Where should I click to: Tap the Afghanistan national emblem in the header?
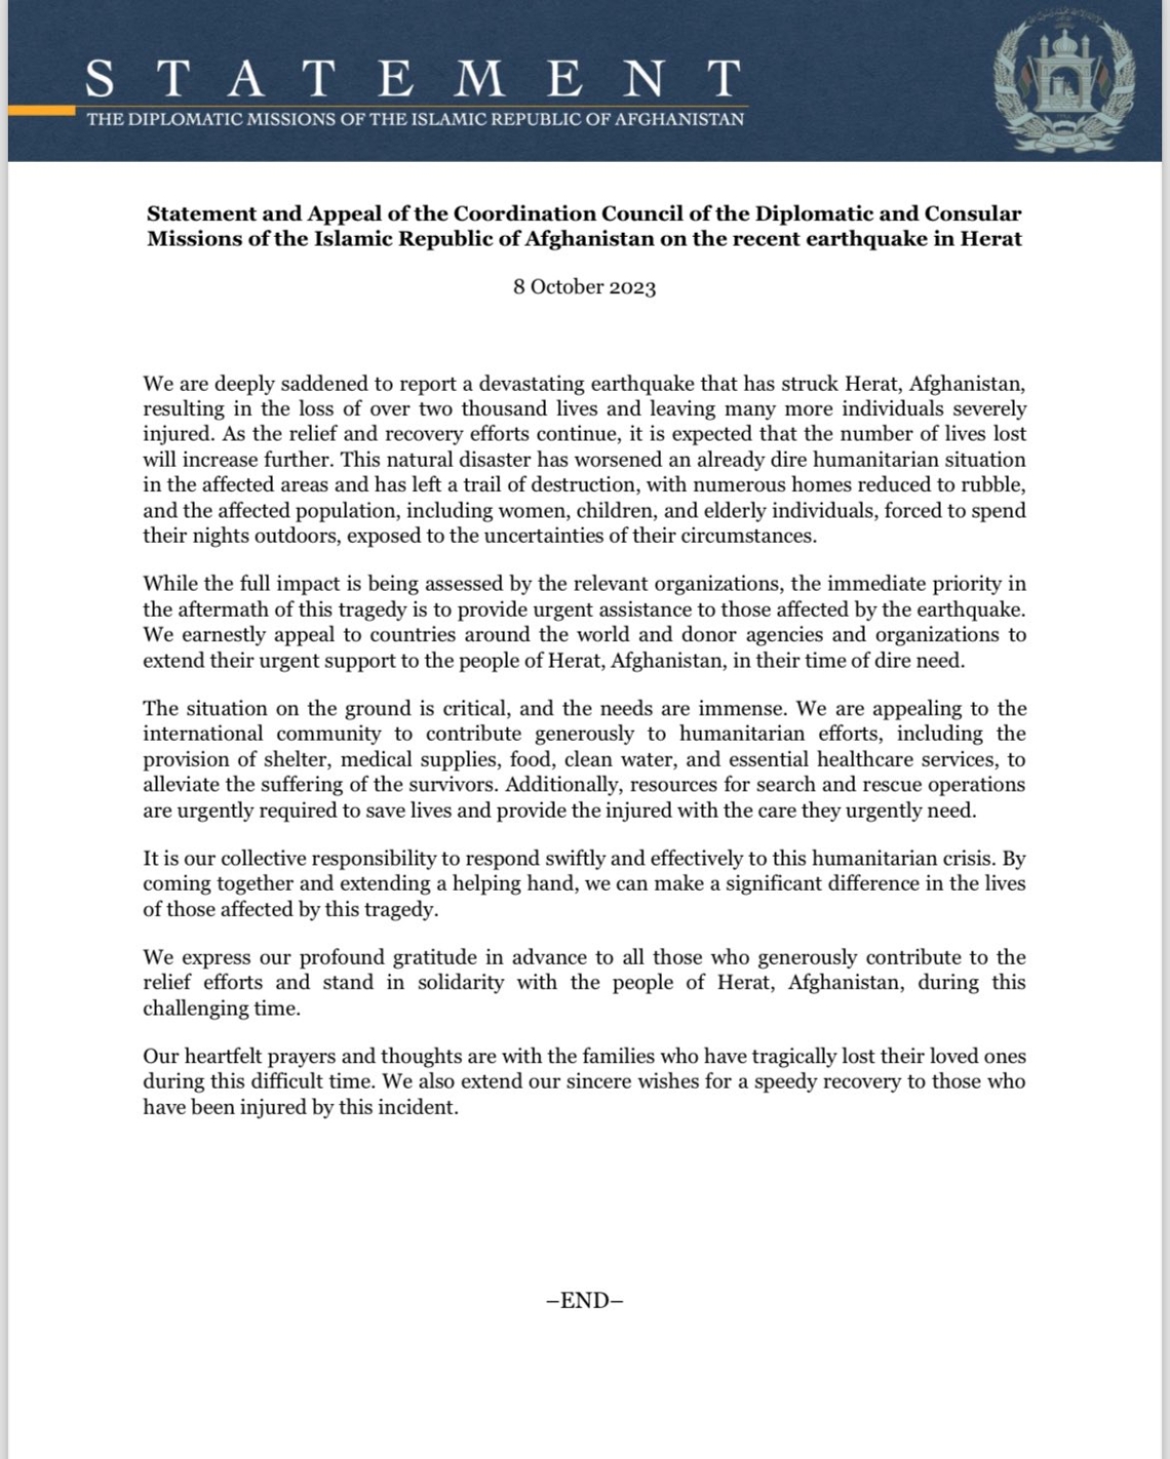pos(1064,85)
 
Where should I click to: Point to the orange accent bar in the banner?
pos(41,111)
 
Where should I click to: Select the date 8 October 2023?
pos(585,288)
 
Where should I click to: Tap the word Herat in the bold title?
pos(991,239)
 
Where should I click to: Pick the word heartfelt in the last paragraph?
pos(224,1056)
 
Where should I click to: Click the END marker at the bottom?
pos(585,1300)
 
